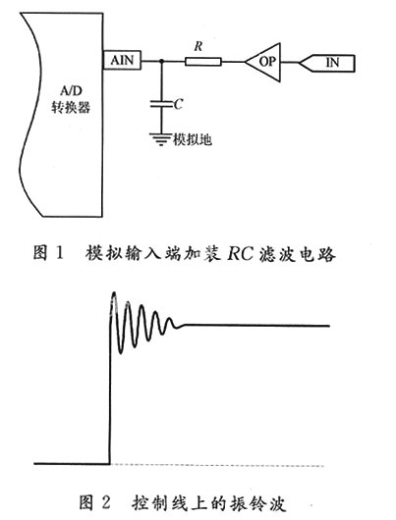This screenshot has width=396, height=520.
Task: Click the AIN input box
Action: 122,61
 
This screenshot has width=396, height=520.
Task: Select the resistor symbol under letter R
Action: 203,62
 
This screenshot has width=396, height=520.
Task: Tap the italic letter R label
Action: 198,46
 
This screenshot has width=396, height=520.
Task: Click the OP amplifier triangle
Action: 262,62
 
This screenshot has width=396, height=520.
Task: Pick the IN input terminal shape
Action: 327,63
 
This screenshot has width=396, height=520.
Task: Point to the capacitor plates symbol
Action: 161,103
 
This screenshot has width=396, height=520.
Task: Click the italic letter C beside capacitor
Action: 179,104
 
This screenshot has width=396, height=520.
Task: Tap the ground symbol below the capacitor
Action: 161,139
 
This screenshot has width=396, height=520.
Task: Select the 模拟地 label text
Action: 193,139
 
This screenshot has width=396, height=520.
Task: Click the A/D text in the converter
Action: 71,91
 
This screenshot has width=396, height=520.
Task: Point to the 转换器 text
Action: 71,107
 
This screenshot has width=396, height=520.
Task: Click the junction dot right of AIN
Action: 161,61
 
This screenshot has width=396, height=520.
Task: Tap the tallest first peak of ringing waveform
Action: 114,293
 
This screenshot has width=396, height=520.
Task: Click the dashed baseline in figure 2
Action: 217,466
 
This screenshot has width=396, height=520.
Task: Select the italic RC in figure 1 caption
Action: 240,254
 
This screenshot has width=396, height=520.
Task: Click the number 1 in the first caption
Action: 59,254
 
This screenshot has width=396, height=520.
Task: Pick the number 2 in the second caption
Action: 105,502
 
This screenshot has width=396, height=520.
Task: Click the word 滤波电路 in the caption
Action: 298,255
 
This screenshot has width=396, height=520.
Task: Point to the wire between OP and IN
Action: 290,63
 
